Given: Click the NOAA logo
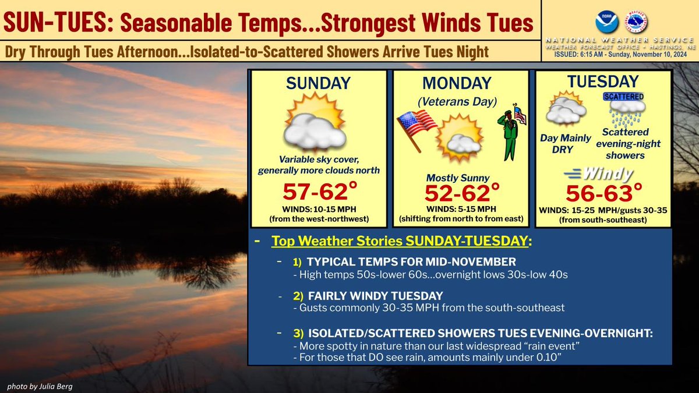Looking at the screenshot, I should pyautogui.click(x=606, y=22).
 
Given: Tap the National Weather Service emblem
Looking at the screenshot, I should pyautogui.click(x=636, y=22).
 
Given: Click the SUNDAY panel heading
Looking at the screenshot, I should pyautogui.click(x=318, y=83).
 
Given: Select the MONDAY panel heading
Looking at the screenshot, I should pyautogui.click(x=460, y=83).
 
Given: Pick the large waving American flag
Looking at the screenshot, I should pyautogui.click(x=417, y=126).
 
